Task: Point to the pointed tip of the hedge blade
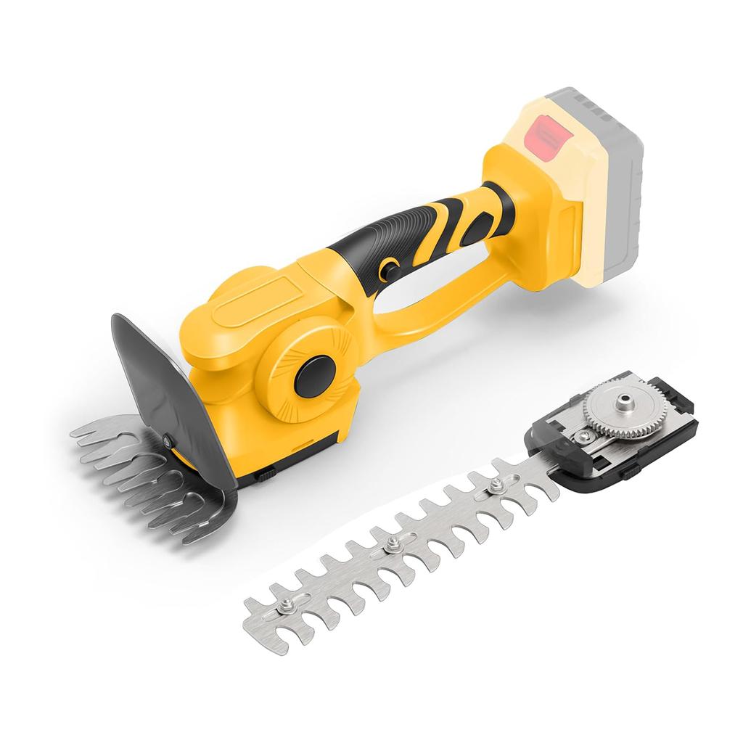point(250,607)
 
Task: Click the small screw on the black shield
point(168,439)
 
